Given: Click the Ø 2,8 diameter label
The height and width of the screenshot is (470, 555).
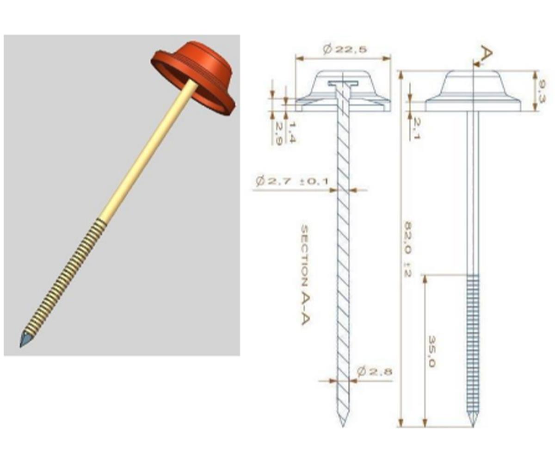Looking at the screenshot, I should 375,371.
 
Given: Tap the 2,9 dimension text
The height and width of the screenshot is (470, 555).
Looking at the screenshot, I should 279,133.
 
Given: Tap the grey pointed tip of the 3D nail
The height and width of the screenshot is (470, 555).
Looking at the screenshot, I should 25,340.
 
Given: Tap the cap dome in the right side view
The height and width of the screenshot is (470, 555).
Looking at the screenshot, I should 472,83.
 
